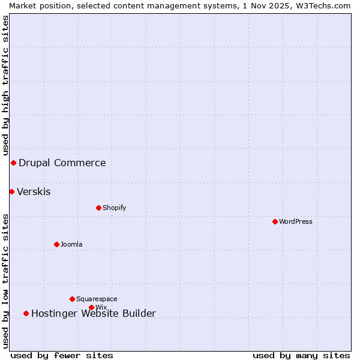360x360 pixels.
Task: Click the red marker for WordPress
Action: pos(275,221)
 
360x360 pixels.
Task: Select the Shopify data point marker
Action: pos(98,208)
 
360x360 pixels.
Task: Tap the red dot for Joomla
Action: pos(56,244)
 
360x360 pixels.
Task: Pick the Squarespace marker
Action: pos(72,299)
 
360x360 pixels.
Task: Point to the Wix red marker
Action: pos(91,307)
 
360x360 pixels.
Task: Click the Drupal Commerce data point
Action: pos(13,163)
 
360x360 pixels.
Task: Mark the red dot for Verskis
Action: pos(11,191)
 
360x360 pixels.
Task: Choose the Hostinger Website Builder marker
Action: pos(26,313)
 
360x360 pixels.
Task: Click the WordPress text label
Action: pos(296,221)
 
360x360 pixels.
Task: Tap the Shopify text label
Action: pos(115,208)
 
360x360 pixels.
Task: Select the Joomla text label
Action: pos(71,244)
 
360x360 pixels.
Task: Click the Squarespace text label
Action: pos(97,299)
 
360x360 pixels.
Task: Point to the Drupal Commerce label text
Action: pos(62,163)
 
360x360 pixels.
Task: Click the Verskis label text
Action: pos(34,192)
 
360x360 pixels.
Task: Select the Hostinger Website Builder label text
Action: pos(94,313)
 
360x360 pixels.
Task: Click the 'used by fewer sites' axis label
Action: pos(62,355)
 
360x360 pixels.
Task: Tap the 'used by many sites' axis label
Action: pos(301,355)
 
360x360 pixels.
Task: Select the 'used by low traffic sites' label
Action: pos(5,281)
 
